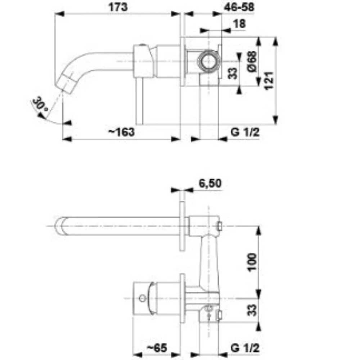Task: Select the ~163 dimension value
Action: [x=121, y=132]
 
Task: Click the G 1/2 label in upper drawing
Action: [x=245, y=132]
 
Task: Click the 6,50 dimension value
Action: [x=210, y=183]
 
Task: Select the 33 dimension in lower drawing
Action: [x=253, y=310]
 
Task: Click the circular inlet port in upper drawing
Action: [x=209, y=62]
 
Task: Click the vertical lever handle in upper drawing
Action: [x=139, y=101]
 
